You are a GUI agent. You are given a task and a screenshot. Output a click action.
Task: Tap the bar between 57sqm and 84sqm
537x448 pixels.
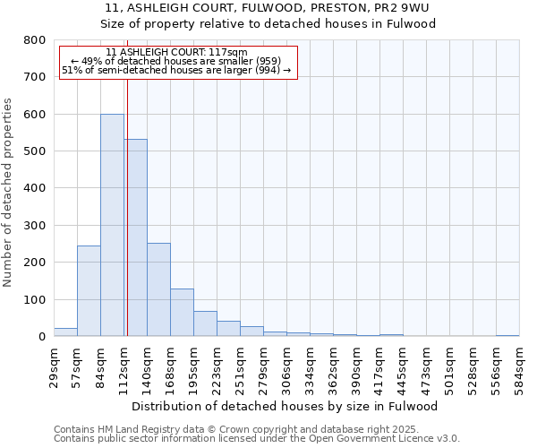89,291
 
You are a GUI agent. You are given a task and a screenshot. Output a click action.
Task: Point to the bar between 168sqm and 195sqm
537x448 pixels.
182,313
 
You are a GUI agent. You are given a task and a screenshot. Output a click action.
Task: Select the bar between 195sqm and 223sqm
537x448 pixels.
205,323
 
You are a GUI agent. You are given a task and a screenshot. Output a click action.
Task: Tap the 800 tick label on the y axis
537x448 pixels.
34,40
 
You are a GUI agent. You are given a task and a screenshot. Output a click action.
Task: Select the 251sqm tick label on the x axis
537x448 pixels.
240,366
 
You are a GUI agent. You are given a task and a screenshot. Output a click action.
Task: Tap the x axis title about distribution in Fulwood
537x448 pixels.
286,406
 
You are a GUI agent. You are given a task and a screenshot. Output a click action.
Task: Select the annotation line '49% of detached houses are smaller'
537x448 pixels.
176,61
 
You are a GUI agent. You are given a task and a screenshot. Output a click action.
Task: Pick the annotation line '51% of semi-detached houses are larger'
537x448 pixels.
176,70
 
